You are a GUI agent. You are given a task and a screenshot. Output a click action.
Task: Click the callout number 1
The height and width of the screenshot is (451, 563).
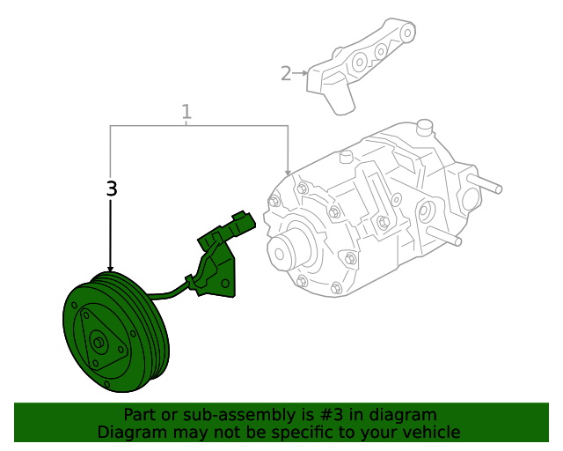point(186,112)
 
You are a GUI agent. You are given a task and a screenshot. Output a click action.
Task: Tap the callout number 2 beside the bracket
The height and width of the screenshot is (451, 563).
point(286,73)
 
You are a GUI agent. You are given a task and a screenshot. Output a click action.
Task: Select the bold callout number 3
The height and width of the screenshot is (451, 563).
point(111,189)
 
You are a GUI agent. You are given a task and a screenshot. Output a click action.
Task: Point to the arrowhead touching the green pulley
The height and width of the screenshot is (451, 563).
point(111,268)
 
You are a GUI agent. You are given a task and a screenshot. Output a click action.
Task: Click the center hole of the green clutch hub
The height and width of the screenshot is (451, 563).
point(98,344)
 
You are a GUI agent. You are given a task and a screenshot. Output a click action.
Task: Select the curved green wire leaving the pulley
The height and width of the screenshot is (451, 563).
point(167,290)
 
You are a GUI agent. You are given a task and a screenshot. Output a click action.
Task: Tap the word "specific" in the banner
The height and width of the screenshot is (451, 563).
point(326,433)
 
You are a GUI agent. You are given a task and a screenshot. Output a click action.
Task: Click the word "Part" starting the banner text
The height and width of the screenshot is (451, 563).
point(139,415)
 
